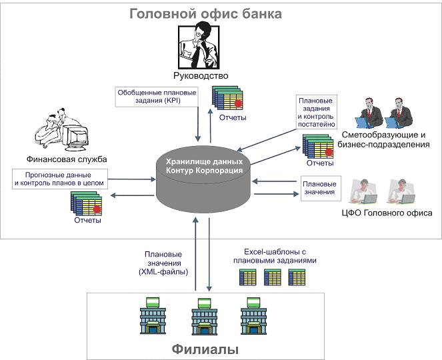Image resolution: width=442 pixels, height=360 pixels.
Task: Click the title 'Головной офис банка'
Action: [205, 14]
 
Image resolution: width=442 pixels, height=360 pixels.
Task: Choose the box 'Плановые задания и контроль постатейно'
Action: [316, 111]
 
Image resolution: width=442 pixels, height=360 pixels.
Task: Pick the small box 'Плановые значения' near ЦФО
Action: [318, 189]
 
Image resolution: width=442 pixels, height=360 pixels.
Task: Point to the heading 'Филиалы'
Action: [205, 349]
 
